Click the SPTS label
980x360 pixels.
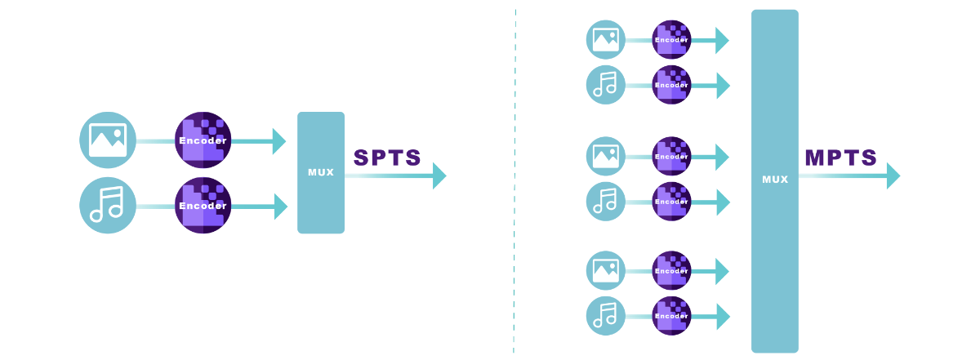(x=387, y=158)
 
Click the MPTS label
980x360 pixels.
(x=840, y=158)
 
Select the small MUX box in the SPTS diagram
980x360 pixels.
(x=321, y=172)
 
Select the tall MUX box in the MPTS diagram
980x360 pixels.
(x=774, y=180)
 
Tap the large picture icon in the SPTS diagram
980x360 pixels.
(x=108, y=140)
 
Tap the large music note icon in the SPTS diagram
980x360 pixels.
(x=108, y=205)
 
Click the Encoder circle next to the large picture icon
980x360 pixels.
(x=203, y=140)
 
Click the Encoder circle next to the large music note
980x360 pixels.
(x=203, y=205)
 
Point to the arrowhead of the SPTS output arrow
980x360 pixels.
(x=439, y=176)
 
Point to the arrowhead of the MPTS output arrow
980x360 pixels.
(x=893, y=176)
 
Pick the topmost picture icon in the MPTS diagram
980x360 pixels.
(x=606, y=40)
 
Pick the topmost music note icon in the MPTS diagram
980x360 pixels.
(x=606, y=85)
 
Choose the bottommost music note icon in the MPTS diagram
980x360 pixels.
(x=606, y=316)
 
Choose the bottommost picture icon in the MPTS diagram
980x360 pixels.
(x=606, y=271)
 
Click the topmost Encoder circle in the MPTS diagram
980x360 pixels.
(x=671, y=40)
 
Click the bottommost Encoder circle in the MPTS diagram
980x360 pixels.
(x=671, y=316)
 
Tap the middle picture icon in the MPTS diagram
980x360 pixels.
(x=606, y=157)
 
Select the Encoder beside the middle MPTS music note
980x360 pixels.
(x=671, y=202)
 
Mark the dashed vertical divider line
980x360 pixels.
(x=514, y=180)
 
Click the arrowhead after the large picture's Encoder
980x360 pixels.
(x=279, y=141)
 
